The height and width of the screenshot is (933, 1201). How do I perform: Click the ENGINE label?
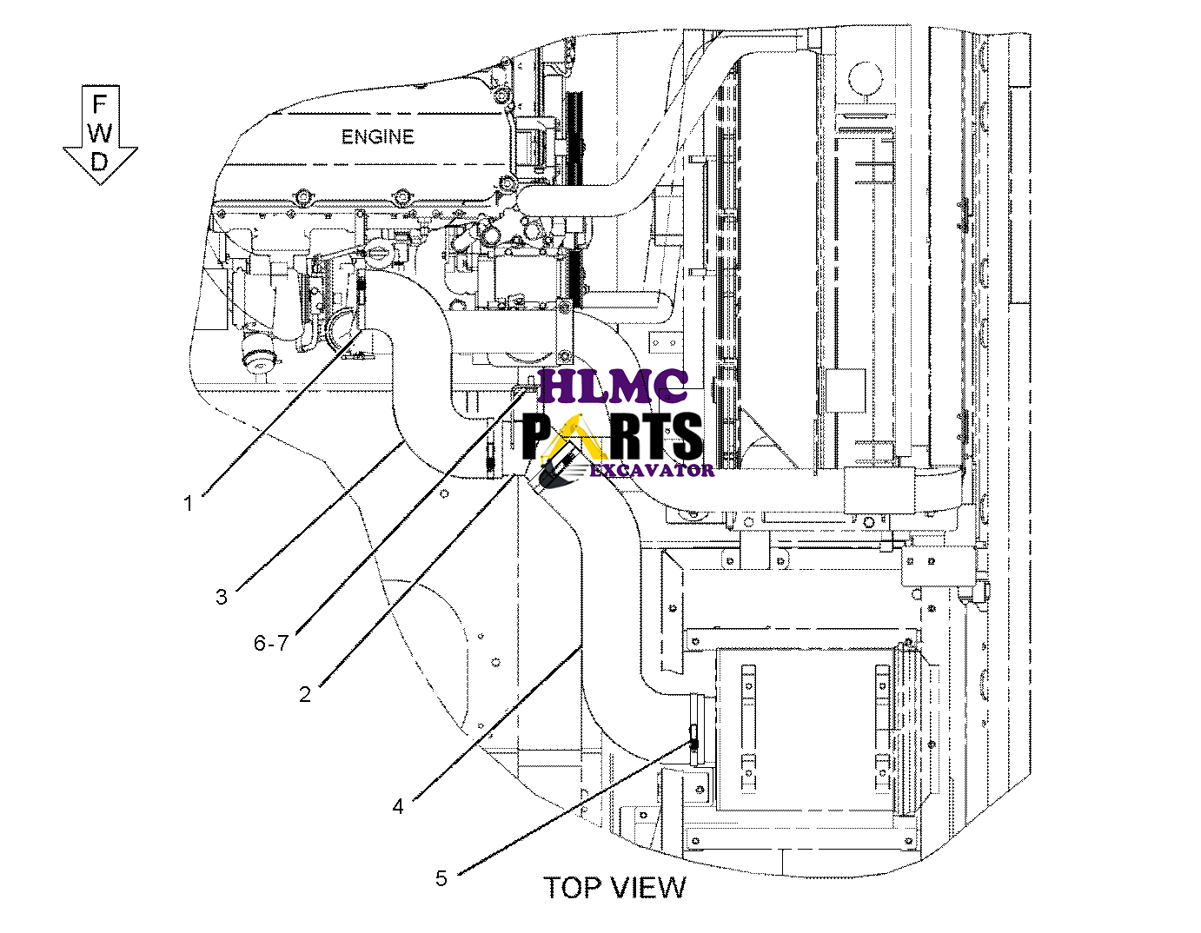pos(377,137)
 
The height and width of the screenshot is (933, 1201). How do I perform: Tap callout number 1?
pos(188,503)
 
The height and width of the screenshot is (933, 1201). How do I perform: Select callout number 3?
pos(222,597)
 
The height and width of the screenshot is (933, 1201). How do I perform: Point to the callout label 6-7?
pos(270,644)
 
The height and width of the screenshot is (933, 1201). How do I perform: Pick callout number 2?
pos(305,695)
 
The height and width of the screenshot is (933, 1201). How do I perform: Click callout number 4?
pos(398,807)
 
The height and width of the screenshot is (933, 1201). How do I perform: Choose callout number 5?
pos(441,878)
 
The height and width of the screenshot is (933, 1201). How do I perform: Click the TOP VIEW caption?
pos(614,888)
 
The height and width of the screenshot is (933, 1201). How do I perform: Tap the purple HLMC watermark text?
pos(614,387)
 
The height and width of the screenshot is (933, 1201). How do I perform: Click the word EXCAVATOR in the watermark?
pos(652,470)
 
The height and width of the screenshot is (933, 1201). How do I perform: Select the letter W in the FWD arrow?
pos(100,133)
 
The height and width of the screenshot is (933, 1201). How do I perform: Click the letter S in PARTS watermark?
pos(686,435)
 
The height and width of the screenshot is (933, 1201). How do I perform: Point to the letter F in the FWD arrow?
pos(100,105)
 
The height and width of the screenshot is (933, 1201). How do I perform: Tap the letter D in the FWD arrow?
pos(100,162)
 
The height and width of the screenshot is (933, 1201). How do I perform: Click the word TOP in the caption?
pos(574,888)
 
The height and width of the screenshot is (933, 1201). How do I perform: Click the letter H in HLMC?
pos(558,387)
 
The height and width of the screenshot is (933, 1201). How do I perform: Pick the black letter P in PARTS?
pos(537,435)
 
